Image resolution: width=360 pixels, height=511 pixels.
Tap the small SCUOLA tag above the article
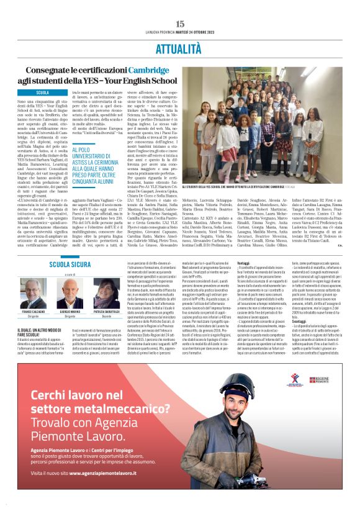[43, 93]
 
